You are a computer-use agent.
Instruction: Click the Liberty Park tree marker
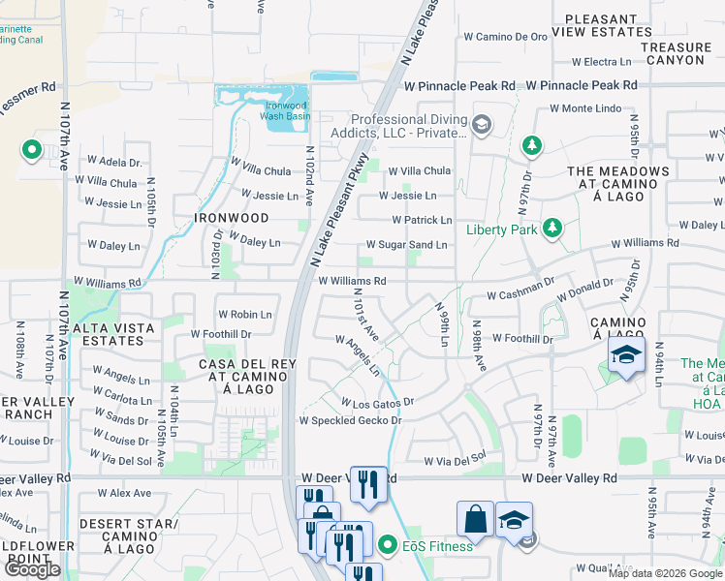pyautogui.click(x=552, y=228)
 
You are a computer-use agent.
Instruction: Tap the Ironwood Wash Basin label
pyautogui.click(x=285, y=110)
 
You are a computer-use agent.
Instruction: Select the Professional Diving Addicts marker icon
pyautogui.click(x=483, y=123)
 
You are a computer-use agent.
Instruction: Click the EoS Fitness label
pyautogui.click(x=439, y=546)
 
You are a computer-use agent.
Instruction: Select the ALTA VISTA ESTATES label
pyautogui.click(x=113, y=335)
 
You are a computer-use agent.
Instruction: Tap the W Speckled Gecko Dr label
pyautogui.click(x=350, y=420)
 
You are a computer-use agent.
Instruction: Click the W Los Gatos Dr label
pyautogui.click(x=377, y=401)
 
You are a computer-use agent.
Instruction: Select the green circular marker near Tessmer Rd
pyautogui.click(x=31, y=150)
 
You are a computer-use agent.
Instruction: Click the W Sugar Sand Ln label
pyautogui.click(x=406, y=246)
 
